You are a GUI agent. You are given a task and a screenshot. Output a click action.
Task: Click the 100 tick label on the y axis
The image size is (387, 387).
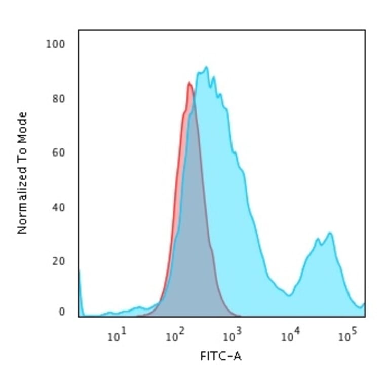56,44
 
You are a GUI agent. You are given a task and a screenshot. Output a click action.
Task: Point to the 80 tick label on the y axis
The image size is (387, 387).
58,98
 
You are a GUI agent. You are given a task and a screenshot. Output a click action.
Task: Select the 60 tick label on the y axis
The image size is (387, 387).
58,152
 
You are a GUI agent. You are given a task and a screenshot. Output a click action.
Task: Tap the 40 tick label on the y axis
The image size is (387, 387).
58,207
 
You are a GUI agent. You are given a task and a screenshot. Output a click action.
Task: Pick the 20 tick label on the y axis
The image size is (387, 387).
58,261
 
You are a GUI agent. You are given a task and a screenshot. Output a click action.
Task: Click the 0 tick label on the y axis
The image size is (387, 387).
61,312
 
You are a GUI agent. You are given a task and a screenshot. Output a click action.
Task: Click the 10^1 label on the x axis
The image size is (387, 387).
117,336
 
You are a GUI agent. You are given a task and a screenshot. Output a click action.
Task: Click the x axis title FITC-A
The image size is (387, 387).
221,357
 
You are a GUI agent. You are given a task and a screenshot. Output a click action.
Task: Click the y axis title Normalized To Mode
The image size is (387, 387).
22,173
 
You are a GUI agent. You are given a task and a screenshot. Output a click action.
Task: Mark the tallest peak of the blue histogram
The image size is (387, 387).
206,67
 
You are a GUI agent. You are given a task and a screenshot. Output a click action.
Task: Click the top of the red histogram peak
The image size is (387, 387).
189,83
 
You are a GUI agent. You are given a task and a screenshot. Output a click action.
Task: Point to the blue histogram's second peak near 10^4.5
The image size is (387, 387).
330,233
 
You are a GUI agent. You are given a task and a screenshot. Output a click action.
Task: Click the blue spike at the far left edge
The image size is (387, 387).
80,274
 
